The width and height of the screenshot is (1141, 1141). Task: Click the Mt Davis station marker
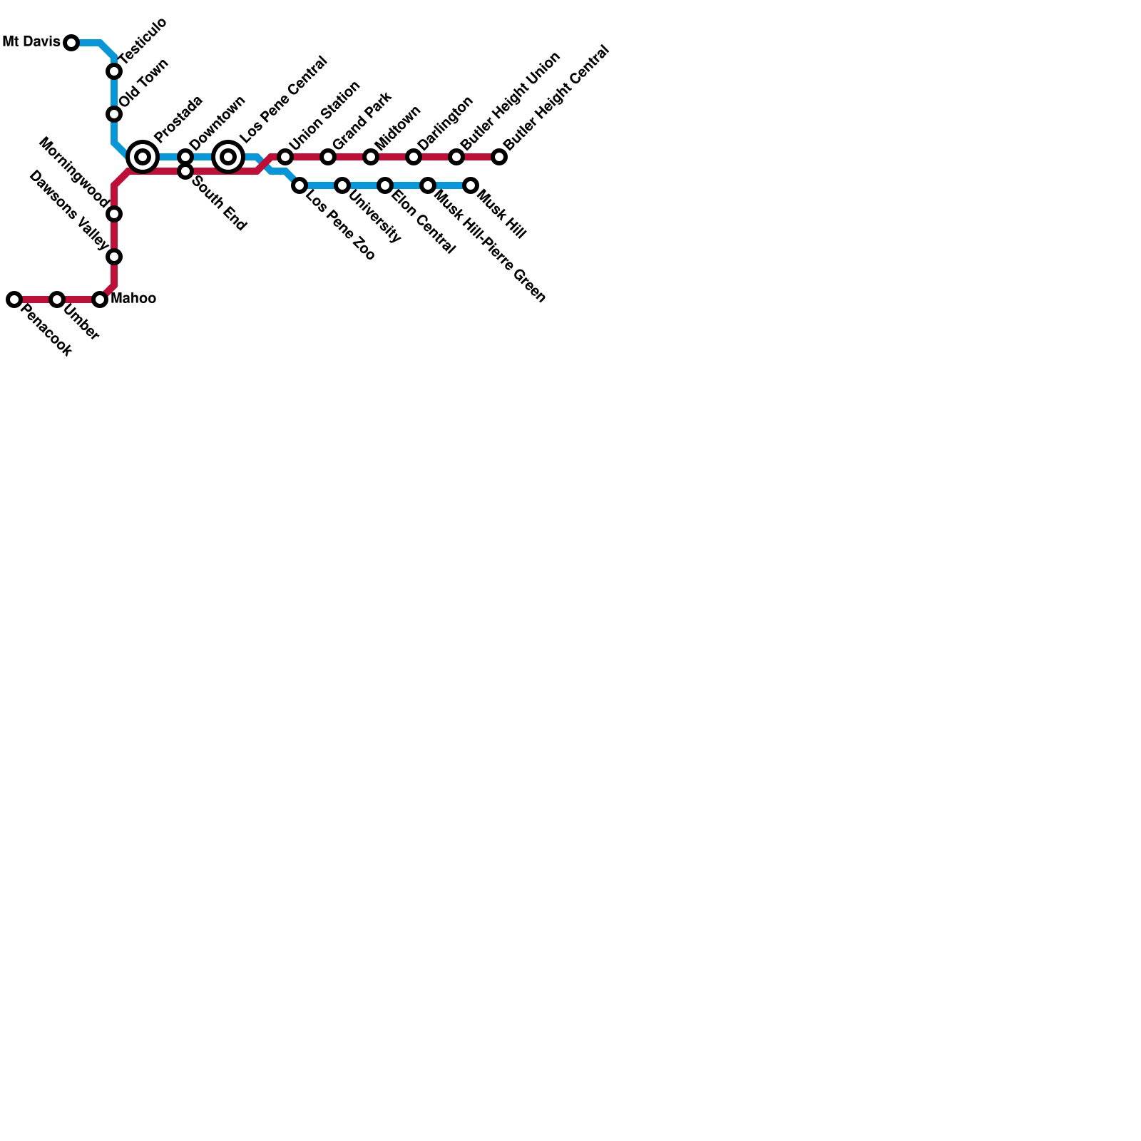tap(71, 43)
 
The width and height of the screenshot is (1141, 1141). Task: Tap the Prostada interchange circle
tap(143, 157)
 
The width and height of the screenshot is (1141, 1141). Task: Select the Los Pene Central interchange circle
tap(228, 157)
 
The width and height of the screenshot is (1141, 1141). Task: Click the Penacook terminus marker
tap(14, 300)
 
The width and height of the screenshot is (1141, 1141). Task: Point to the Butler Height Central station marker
tap(499, 157)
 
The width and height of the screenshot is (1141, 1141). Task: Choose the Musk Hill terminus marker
tap(471, 185)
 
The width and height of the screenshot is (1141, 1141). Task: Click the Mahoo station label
tap(133, 298)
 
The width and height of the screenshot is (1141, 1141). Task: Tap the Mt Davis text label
tap(31, 42)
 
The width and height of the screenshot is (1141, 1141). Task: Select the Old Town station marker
tap(114, 114)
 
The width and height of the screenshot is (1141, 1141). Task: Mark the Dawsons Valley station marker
tap(114, 257)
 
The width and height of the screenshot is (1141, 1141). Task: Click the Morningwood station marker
tap(114, 214)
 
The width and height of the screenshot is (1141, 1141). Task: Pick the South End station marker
tap(185, 171)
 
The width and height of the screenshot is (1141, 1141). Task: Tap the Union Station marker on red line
tap(285, 157)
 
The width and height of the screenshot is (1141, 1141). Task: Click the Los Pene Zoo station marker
tap(300, 185)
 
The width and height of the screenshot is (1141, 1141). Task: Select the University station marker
tap(342, 185)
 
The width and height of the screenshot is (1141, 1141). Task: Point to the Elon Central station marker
tap(385, 185)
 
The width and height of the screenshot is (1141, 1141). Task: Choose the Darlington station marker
tap(414, 157)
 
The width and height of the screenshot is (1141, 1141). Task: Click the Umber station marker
tap(57, 300)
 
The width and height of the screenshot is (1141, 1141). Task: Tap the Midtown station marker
tap(371, 157)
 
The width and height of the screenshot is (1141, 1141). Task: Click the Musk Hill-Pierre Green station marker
tap(428, 185)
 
